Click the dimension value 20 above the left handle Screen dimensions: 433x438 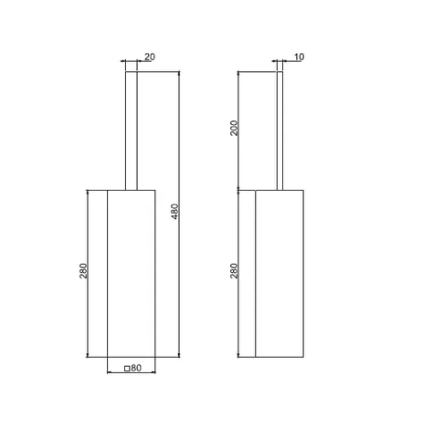[150, 57]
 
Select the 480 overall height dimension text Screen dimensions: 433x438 [175, 212]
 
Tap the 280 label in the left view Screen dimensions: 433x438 [83, 271]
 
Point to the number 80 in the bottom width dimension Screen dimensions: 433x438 [136, 368]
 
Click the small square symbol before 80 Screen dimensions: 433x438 [127, 369]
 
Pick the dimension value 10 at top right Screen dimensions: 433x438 [299, 57]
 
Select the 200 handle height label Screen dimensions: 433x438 [234, 128]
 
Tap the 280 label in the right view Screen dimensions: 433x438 [234, 271]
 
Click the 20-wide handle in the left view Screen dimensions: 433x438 [132, 131]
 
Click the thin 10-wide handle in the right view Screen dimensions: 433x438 [280, 131]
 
